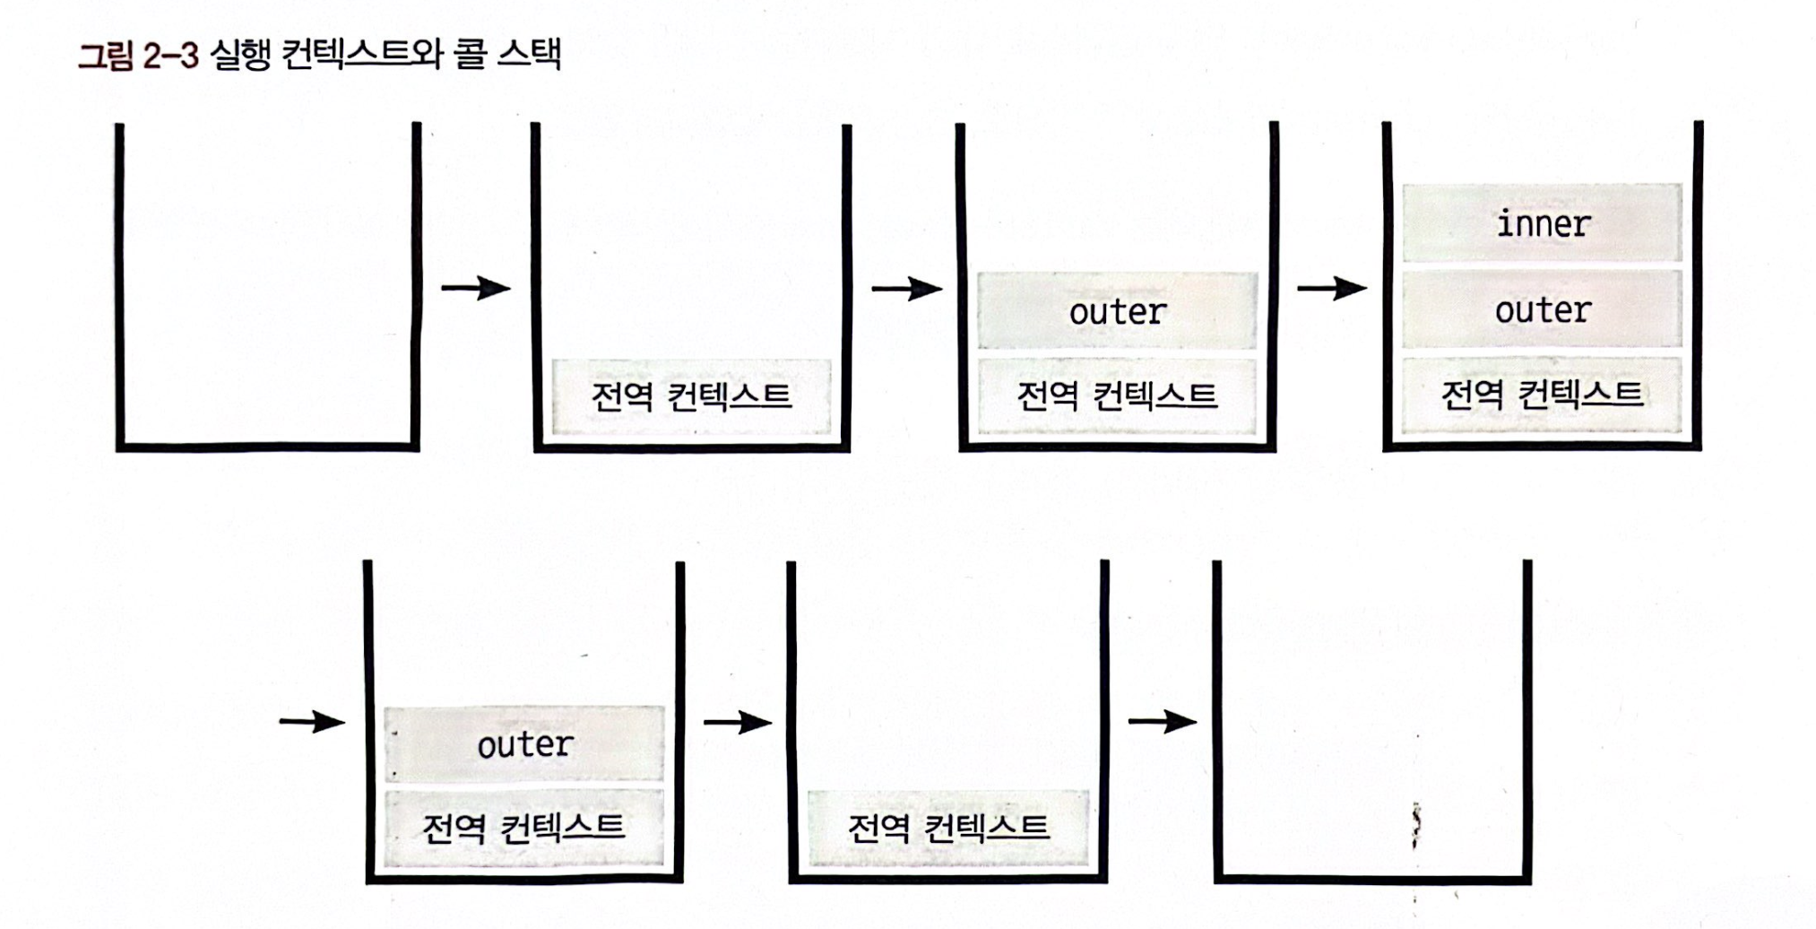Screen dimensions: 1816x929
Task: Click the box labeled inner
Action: pos(1542,222)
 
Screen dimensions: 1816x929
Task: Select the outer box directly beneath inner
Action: pos(1542,309)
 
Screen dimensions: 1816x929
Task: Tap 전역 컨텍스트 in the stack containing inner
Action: pos(1542,395)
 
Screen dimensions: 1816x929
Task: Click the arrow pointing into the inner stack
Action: pos(1332,288)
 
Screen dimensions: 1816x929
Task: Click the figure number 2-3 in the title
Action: pos(170,56)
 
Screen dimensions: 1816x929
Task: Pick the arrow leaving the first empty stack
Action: pos(476,288)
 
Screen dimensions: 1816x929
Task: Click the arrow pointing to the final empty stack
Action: pos(1163,721)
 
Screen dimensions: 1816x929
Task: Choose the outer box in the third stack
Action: pos(1117,311)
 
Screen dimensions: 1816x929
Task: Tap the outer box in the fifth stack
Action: pos(524,743)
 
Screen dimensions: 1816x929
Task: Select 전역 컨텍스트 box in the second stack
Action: pos(691,396)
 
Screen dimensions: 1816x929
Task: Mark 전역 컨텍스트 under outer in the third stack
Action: pos(1117,395)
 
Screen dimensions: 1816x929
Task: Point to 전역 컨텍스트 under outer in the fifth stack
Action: pos(524,827)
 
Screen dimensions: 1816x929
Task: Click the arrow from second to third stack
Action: pos(906,288)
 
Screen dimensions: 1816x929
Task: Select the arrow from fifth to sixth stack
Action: pos(738,721)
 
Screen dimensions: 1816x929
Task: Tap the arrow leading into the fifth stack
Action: pos(312,721)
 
